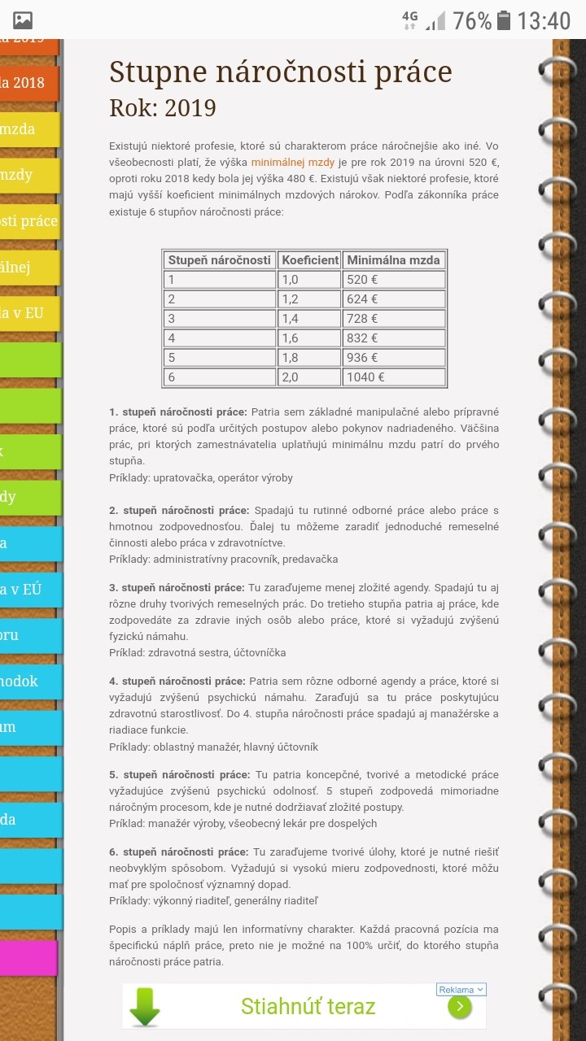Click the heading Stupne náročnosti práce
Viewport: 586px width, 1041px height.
click(280, 72)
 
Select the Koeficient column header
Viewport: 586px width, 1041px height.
click(309, 260)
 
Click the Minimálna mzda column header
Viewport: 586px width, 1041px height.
click(393, 260)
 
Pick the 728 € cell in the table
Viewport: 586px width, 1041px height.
click(393, 319)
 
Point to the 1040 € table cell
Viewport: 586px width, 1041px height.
click(393, 377)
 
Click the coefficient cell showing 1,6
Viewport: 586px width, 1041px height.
click(309, 338)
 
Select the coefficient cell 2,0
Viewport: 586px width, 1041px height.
click(309, 377)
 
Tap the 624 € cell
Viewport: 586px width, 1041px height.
click(393, 299)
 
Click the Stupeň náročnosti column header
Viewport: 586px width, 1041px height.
click(219, 260)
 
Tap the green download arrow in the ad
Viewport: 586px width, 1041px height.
click(145, 1007)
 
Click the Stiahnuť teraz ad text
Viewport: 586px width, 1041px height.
click(308, 1007)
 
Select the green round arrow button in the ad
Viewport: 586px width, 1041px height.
click(459, 1007)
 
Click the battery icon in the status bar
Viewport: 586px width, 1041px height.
click(504, 20)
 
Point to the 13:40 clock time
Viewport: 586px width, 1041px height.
click(544, 20)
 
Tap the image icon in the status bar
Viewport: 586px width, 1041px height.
click(23, 20)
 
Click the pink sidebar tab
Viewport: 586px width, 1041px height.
click(28, 958)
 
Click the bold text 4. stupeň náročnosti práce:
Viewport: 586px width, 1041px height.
click(177, 682)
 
